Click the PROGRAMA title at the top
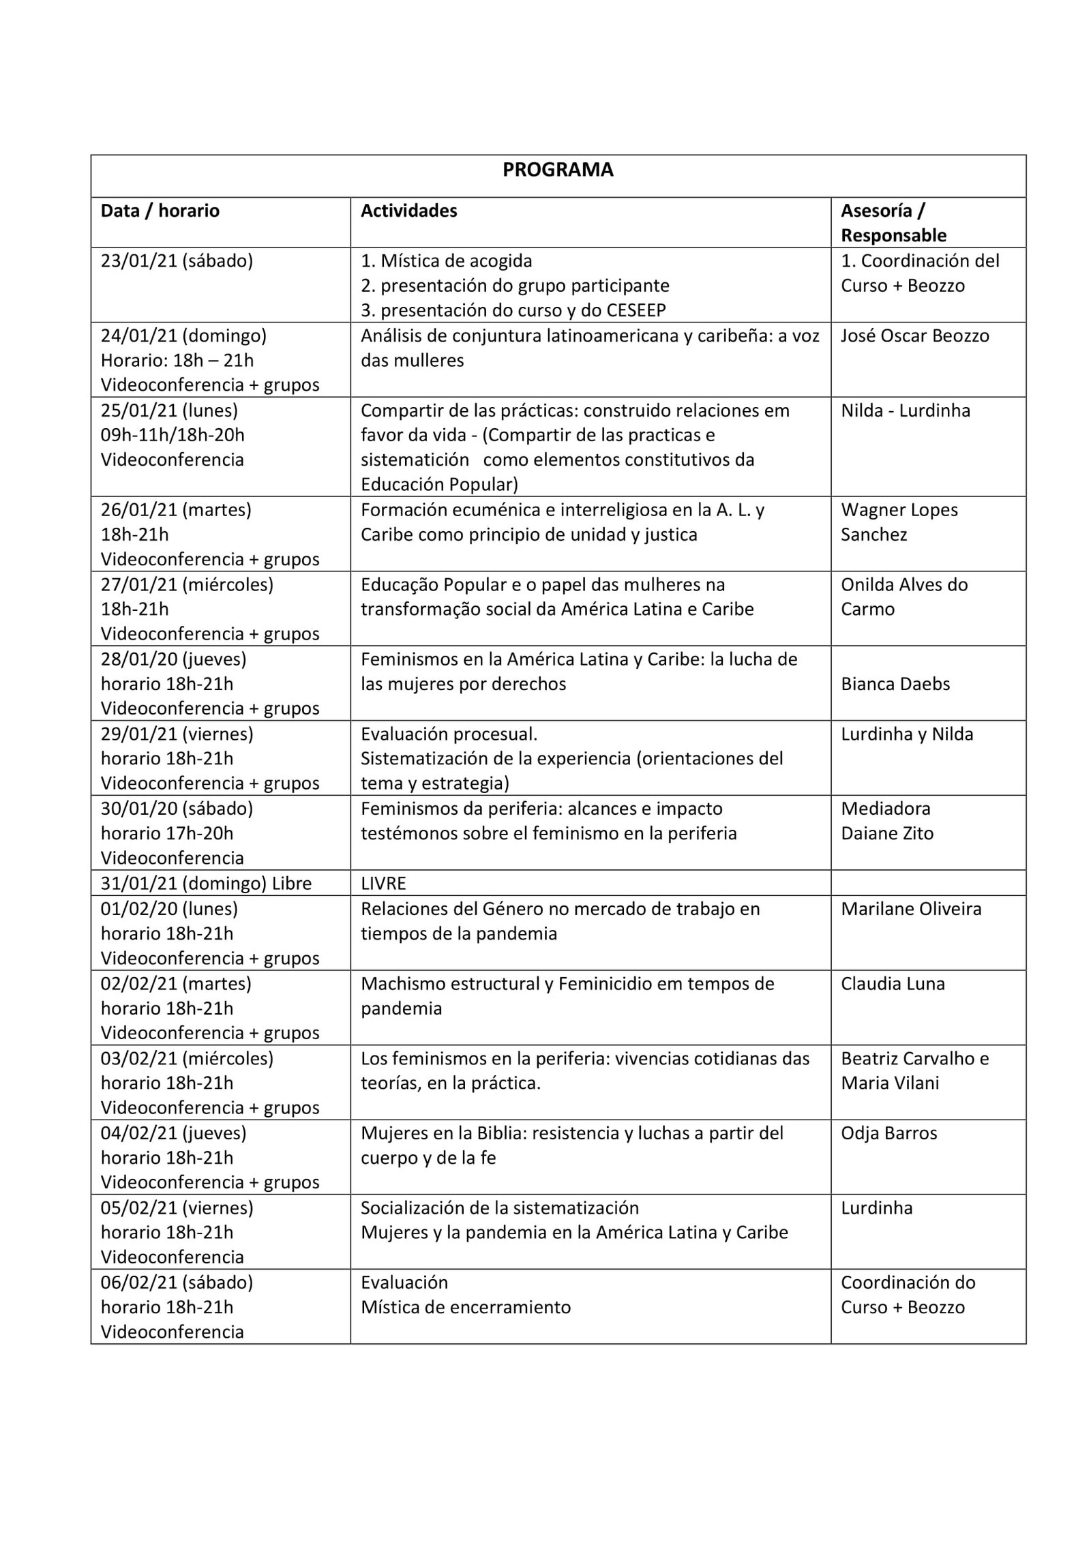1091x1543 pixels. (558, 170)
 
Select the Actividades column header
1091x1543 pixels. (408, 211)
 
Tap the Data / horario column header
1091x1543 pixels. (160, 211)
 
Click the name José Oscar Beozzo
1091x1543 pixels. (914, 335)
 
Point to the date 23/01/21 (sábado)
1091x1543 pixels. (177, 260)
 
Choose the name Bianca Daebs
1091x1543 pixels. (895, 684)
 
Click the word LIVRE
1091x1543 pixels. (383, 884)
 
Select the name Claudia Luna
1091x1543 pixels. (893, 983)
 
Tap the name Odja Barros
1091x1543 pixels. (888, 1133)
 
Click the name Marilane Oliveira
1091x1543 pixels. (911, 909)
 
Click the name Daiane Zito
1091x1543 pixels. (887, 833)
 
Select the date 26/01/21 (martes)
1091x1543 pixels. (176, 509)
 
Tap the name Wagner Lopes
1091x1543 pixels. (899, 509)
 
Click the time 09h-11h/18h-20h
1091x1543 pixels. (173, 435)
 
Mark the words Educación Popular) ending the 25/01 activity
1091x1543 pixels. (439, 484)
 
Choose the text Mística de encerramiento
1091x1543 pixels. (466, 1307)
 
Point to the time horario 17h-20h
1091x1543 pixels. (167, 833)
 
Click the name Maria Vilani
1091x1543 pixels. (890, 1083)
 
